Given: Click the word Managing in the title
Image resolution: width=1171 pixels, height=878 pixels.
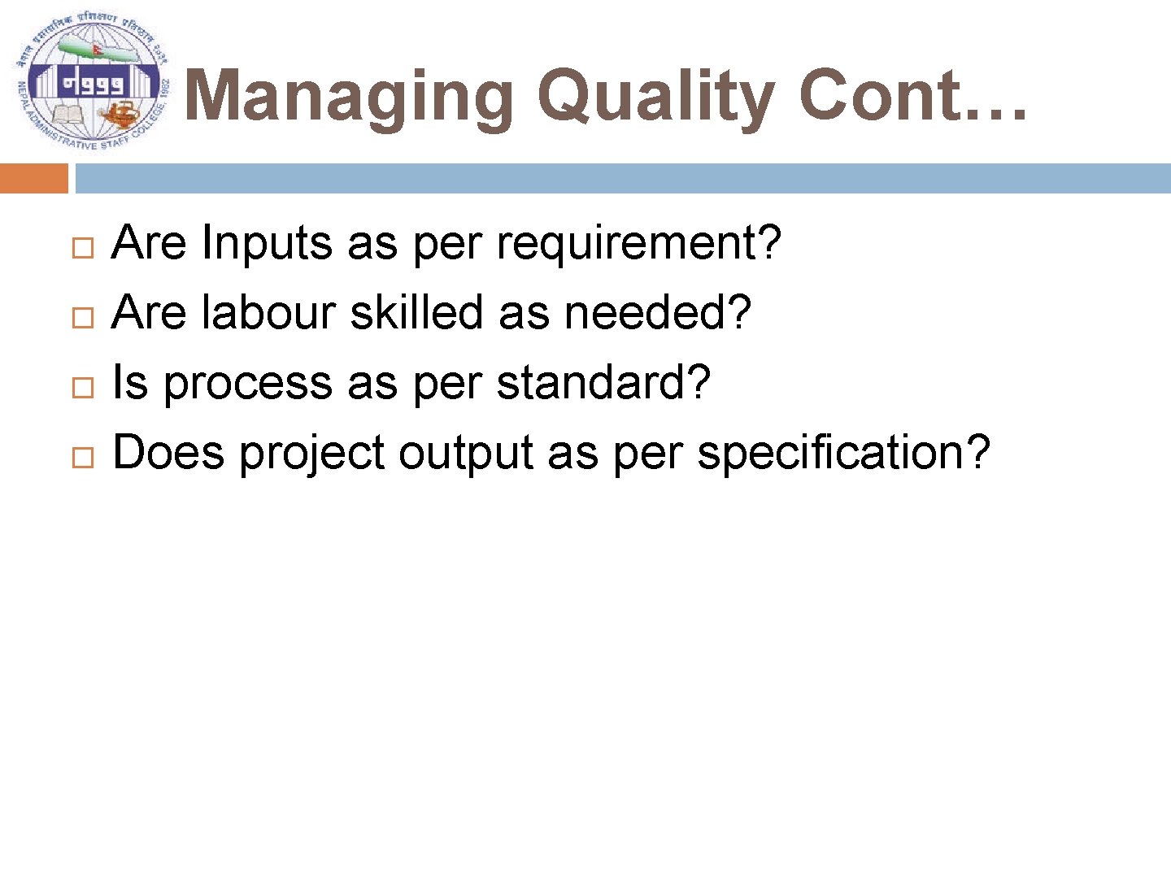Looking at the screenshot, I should point(350,98).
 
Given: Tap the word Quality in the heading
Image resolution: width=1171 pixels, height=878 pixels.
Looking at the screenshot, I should point(655,98).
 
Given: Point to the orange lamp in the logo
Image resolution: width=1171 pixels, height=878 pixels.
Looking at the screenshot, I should point(120,113).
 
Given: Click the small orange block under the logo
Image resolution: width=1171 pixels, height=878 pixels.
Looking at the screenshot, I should point(34,178).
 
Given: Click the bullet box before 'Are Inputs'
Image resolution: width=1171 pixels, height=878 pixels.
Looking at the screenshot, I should point(82,248).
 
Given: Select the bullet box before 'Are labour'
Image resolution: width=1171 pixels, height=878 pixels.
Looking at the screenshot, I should point(82,318).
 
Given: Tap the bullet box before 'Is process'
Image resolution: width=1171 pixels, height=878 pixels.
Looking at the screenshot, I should point(82,388).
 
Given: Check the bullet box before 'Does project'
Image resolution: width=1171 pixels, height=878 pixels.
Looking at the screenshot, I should point(82,458).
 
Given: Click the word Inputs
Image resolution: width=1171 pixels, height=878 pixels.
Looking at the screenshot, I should point(267,243).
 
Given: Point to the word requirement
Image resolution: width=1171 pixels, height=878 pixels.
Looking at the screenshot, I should point(638,243).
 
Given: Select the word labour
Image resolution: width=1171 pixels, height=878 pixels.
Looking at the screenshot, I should point(269,313).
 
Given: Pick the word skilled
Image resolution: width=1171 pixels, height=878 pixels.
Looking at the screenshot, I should point(416,313).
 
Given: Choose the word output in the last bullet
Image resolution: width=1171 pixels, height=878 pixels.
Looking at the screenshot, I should point(465,453).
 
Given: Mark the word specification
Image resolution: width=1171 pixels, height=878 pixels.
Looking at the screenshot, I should point(842,453).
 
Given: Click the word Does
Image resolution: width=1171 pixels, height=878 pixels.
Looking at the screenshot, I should point(168,453).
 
